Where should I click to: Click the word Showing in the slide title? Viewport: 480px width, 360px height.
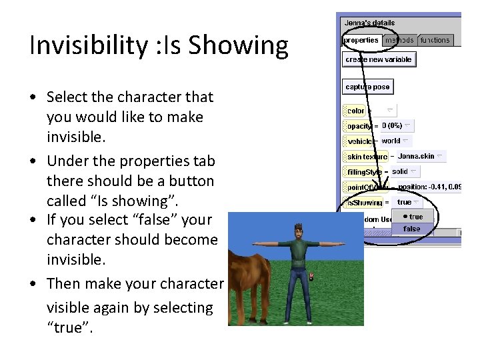pyautogui.click(x=238, y=45)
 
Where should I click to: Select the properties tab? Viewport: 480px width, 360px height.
pyautogui.click(x=361, y=40)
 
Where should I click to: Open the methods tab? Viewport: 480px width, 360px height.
pyautogui.click(x=399, y=40)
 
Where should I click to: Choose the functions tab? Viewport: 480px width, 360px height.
pyautogui.click(x=435, y=40)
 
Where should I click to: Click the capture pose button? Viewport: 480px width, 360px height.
pyautogui.click(x=367, y=87)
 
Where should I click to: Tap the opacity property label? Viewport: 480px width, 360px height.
pyautogui.click(x=359, y=126)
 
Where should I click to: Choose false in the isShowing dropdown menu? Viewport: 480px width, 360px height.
pyautogui.click(x=412, y=229)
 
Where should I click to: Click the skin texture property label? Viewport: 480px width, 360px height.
pyautogui.click(x=366, y=157)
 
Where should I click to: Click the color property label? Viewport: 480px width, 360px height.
pyautogui.click(x=356, y=111)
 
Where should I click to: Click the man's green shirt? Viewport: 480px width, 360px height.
pyautogui.click(x=295, y=253)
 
